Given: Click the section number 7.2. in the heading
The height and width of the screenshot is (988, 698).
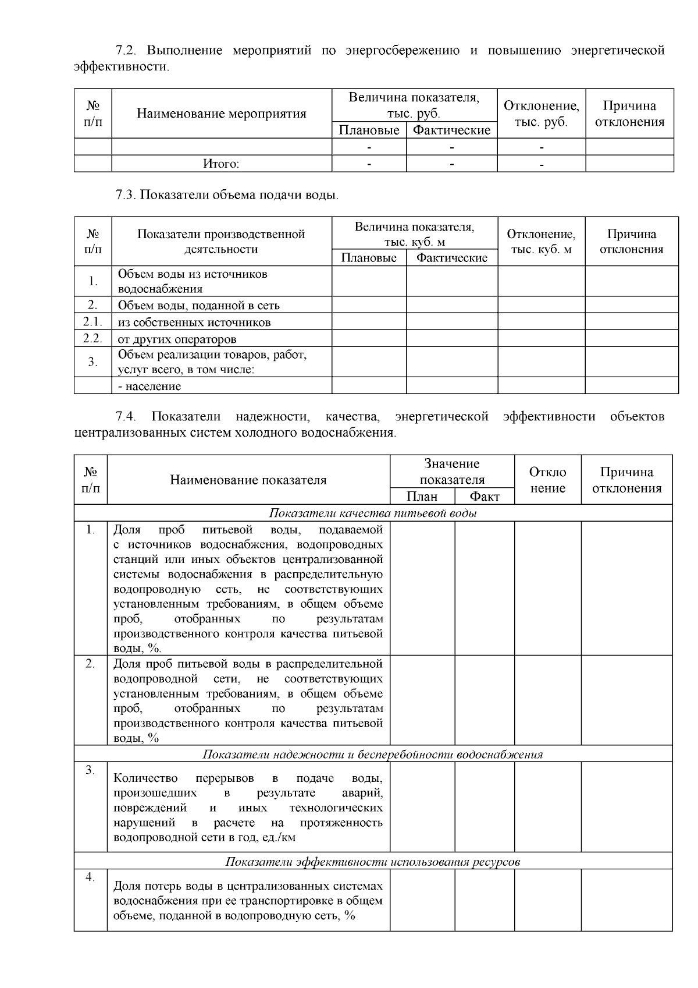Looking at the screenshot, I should pos(127,51).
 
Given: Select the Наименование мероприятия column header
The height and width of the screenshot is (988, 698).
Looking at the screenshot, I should pos(221,114).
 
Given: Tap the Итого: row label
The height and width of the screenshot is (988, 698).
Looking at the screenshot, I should pos(221,164).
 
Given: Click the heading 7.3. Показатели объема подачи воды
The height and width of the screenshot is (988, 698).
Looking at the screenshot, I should pos(227,195).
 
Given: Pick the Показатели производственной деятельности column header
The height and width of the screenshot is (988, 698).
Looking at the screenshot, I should pos(221,242).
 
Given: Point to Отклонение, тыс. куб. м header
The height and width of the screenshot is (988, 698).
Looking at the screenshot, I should pos(541,242).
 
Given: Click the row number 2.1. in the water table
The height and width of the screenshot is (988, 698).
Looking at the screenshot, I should pos(92,321).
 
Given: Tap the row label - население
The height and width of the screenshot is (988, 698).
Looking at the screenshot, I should pos(149,386).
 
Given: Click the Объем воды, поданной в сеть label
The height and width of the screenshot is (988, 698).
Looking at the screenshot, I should pos(198,305).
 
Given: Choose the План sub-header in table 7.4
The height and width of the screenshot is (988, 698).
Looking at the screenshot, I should pos(422,496).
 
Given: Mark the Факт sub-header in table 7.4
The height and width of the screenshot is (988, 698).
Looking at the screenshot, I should pos(485,496).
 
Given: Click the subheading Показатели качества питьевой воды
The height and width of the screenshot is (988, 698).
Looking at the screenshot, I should pos(373,513).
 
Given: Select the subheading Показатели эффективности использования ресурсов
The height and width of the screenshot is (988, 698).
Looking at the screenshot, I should pos(373,862).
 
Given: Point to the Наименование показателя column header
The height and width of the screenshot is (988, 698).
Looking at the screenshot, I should pos(248,480).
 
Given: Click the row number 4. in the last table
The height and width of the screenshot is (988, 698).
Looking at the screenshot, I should pos(90,877).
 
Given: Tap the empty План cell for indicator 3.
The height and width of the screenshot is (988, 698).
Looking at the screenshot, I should pos(422,807).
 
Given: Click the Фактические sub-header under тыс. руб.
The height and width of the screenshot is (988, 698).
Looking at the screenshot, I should pos(451,130).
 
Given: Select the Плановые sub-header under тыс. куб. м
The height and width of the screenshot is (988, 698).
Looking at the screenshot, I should pos(369,258).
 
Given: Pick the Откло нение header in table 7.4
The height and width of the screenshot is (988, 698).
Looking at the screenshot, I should pos(547,480).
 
